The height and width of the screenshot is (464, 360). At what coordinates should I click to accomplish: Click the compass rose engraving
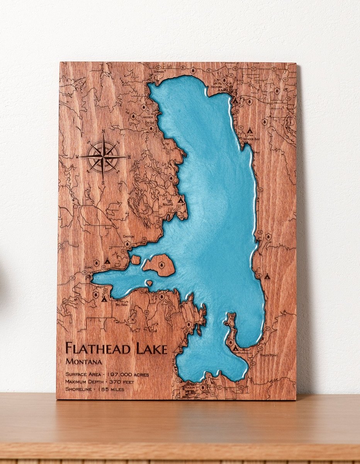103,157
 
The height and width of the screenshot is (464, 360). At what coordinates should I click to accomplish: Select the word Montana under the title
84,362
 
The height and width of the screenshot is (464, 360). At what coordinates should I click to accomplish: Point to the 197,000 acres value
127,374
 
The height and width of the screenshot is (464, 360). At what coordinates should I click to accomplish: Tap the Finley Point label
269,355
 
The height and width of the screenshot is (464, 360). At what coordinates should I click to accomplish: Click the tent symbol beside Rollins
180,200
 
